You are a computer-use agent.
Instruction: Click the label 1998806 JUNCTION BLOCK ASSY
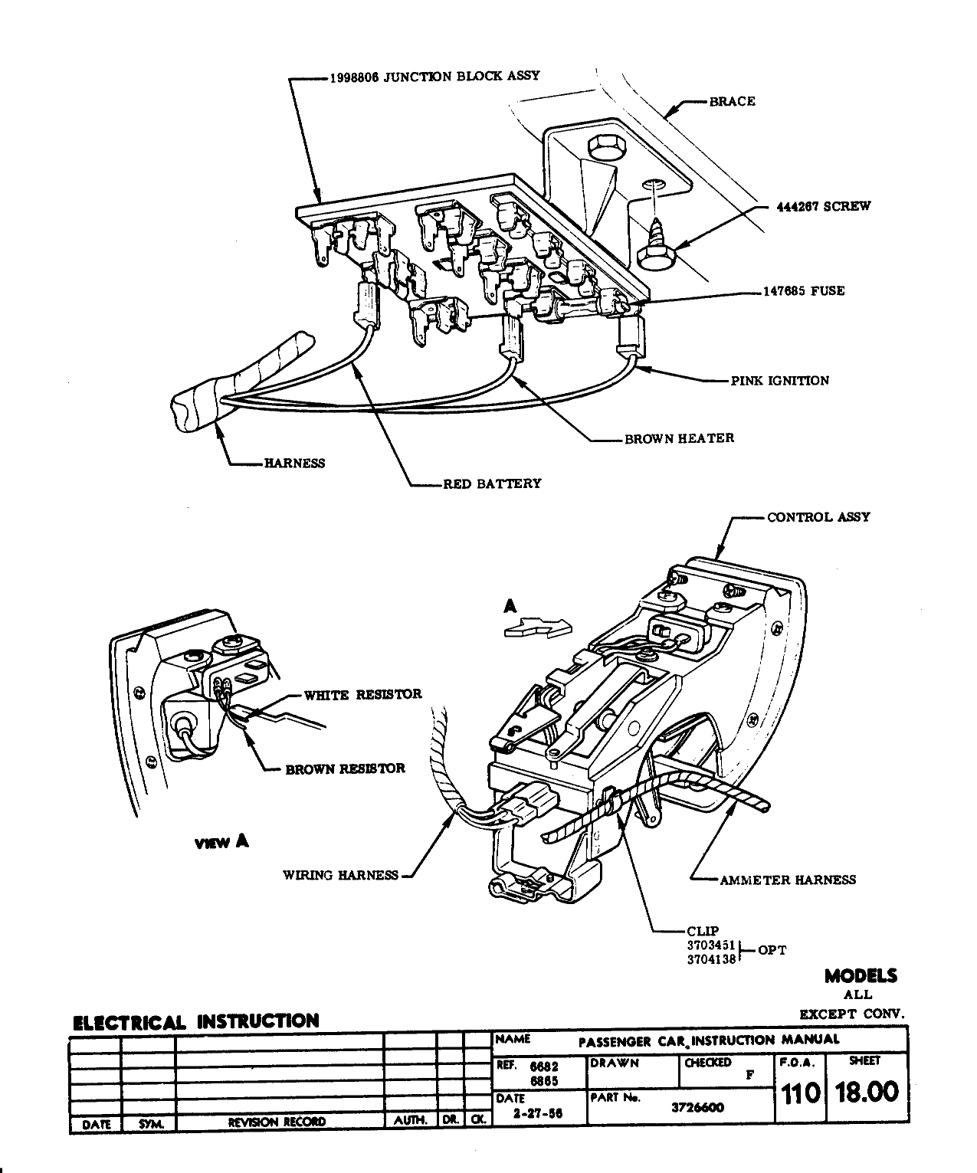[x=434, y=76]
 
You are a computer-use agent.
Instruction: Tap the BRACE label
[x=732, y=101]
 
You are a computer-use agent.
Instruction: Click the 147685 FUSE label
[x=803, y=291]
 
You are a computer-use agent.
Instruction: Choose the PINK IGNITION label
[x=779, y=381]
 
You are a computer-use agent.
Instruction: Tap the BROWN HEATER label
[x=679, y=438]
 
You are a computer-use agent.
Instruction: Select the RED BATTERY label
[x=492, y=483]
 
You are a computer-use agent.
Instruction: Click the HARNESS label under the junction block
[x=294, y=463]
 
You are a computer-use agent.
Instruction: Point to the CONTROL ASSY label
[x=818, y=517]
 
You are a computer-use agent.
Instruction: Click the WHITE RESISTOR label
[x=362, y=695]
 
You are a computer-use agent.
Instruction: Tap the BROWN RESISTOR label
[x=345, y=768]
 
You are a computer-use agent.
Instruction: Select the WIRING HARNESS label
[x=340, y=875]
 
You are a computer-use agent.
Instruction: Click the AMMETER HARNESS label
[x=787, y=880]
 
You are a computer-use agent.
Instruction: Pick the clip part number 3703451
[x=711, y=945]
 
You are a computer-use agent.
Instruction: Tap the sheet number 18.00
[x=867, y=1091]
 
